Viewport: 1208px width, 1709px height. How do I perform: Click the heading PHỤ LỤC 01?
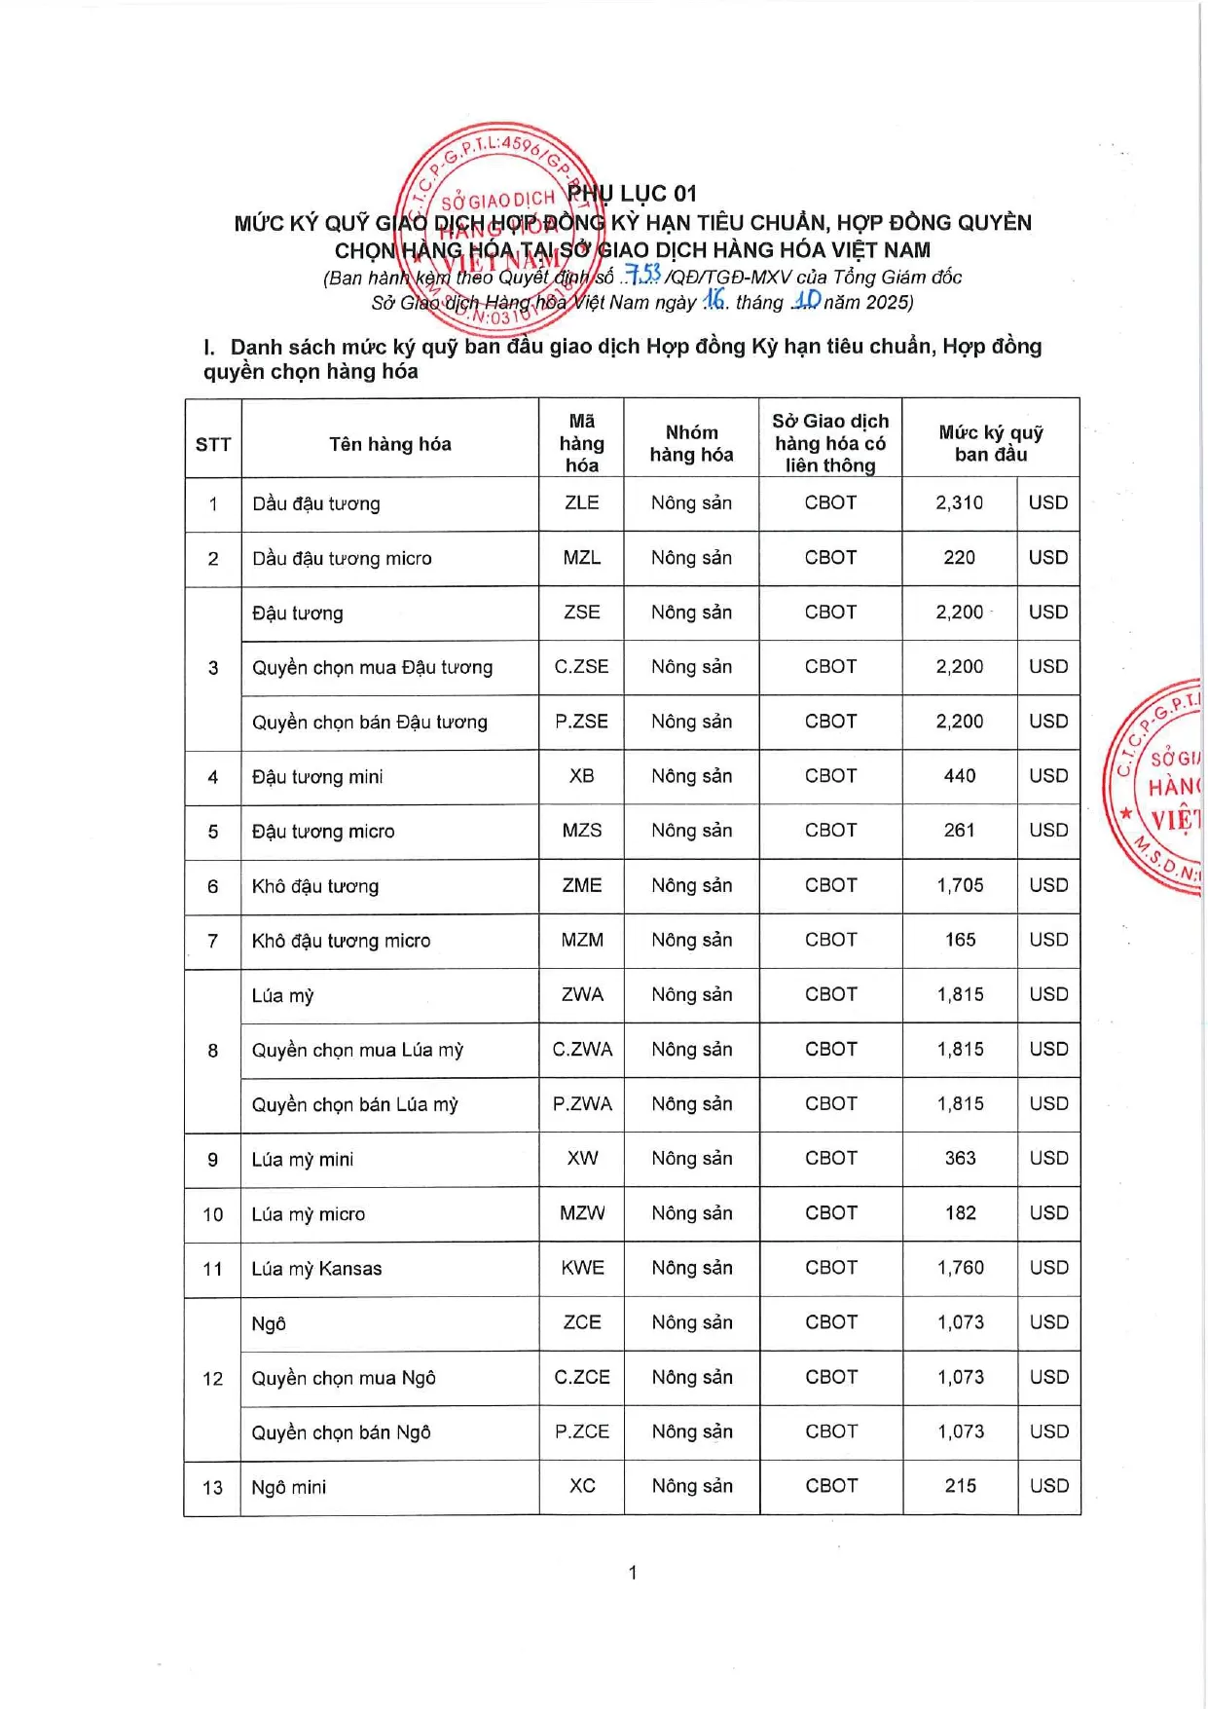633,194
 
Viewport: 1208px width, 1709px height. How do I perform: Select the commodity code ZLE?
581,502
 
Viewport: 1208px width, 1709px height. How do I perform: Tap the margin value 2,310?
959,502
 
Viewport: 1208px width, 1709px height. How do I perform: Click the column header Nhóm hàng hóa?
691,443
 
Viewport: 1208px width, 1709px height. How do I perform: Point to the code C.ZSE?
581,666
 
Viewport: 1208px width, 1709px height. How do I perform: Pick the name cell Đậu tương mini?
317,776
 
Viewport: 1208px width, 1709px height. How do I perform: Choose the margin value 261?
959,830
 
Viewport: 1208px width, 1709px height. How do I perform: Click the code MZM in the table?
582,940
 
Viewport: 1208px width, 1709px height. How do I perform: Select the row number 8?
213,1050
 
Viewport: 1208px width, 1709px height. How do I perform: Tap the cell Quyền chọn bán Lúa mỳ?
354,1104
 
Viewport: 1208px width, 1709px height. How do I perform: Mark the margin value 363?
960,1158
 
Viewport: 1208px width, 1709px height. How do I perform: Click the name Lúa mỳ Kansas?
316,1268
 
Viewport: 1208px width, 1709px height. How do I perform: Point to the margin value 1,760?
960,1267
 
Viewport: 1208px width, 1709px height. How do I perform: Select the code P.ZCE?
582,1431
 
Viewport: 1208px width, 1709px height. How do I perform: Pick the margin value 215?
960,1486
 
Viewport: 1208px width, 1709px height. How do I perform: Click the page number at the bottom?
633,1572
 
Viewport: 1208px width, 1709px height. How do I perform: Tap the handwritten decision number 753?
643,276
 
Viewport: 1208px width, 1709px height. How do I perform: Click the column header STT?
213,445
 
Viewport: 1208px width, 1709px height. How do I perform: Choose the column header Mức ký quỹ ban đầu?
991,443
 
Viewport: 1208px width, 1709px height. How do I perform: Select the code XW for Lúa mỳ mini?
582,1158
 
